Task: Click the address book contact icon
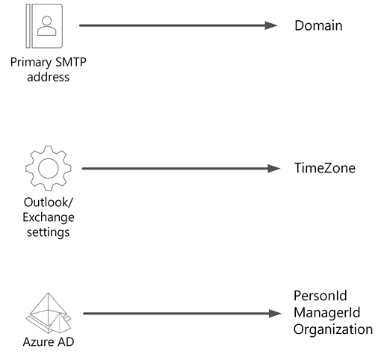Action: (46, 25)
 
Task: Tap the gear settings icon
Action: (48, 169)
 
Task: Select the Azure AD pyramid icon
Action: (49, 312)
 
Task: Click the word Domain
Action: (318, 26)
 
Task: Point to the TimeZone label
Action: (324, 168)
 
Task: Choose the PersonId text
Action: (320, 297)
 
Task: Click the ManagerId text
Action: (326, 312)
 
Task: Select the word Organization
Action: (332, 329)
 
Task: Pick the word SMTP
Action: (71, 62)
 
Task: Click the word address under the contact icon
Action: (48, 76)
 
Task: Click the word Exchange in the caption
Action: (49, 217)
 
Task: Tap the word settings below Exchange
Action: (49, 232)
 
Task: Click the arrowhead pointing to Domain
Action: (272, 25)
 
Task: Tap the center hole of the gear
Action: (48, 169)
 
